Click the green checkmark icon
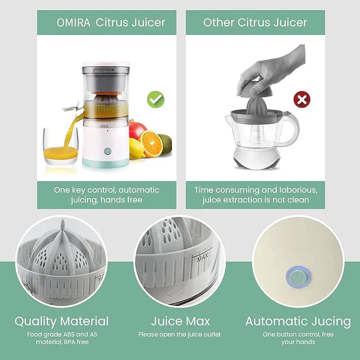pos(156,100)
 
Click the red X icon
pos(302,100)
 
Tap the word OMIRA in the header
pos(74,23)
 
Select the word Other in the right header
pos(218,22)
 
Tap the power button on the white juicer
pos(108,151)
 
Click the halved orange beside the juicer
pos(150,144)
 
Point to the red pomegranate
pos(137,129)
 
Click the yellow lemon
pos(137,149)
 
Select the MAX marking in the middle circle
pos(203,257)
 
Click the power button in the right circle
pos(298,277)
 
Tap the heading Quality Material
pos(62,321)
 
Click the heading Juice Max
pos(180,321)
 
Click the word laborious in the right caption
pos(298,190)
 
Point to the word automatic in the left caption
pos(139,190)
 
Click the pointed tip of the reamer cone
pos(63,221)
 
